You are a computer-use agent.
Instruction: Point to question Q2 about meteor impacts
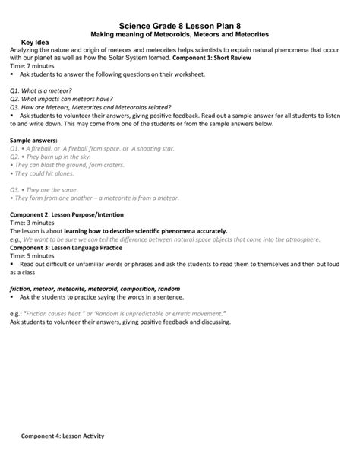coord(64,99)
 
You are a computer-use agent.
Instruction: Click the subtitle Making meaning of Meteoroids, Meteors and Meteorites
coord(180,35)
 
